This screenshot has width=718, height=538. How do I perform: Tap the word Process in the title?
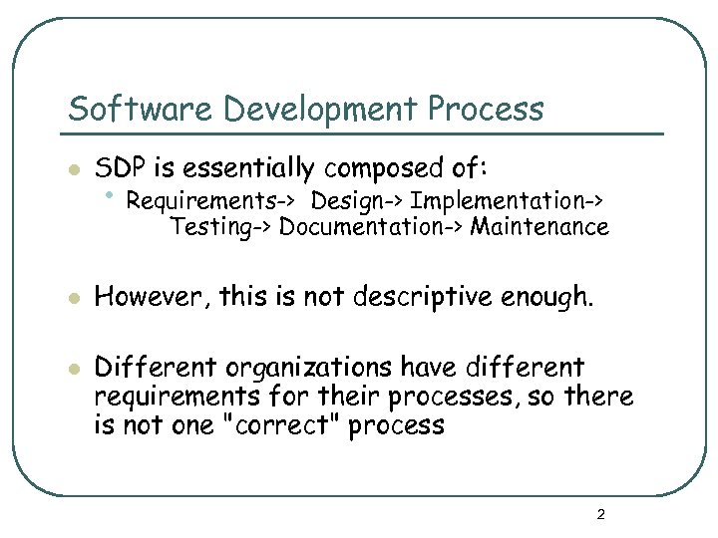(488, 109)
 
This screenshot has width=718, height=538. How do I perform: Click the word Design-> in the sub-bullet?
(356, 201)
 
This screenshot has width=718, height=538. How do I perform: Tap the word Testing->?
(220, 227)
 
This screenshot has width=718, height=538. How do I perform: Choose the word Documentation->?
(371, 227)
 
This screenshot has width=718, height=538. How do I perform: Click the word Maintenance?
(539, 227)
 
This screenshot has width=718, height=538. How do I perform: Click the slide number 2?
(600, 515)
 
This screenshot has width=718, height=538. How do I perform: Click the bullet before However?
(71, 296)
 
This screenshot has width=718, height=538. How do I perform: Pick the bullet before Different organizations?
(71, 369)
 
